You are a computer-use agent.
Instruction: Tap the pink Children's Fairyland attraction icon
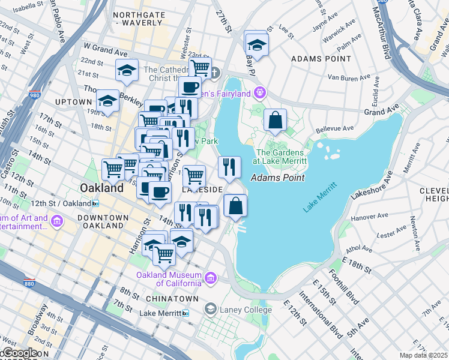[259, 93]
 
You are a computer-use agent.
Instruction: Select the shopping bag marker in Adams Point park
[274, 120]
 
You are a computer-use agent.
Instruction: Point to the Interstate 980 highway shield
[34, 95]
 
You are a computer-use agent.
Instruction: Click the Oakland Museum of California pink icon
[211, 278]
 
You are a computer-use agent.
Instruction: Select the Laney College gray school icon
[211, 310]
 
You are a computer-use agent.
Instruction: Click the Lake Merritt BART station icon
[186, 313]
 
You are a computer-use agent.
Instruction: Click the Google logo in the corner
[19, 353]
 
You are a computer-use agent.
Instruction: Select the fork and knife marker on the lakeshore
[229, 167]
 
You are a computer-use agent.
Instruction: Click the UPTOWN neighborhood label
[73, 102]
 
